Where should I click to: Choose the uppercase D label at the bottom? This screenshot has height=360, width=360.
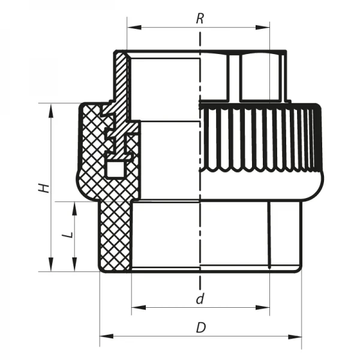click(201, 328)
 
